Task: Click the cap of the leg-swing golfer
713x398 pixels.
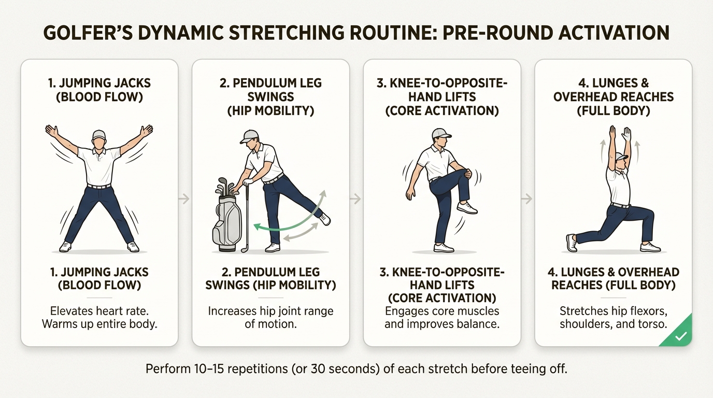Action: pyautogui.click(x=250, y=136)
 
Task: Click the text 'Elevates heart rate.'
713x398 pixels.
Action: pyautogui.click(x=99, y=311)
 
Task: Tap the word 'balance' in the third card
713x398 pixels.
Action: pyautogui.click(x=479, y=324)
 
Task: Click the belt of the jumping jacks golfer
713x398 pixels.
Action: pyautogui.click(x=98, y=186)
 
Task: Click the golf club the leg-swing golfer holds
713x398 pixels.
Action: pyautogui.click(x=247, y=218)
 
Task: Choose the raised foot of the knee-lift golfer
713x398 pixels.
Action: pyautogui.click(x=467, y=208)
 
